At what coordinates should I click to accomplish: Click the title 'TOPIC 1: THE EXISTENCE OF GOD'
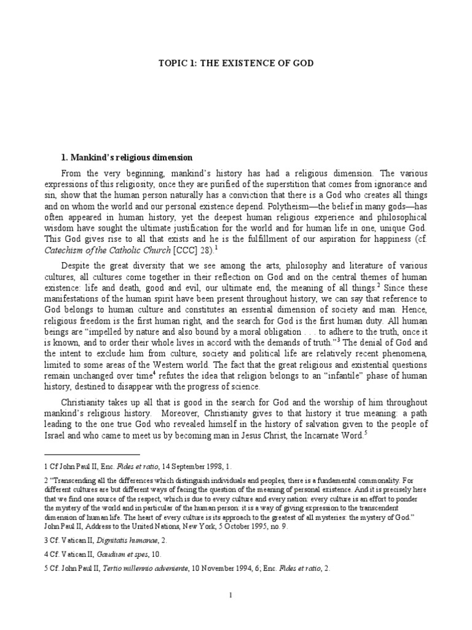(x=236, y=62)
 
